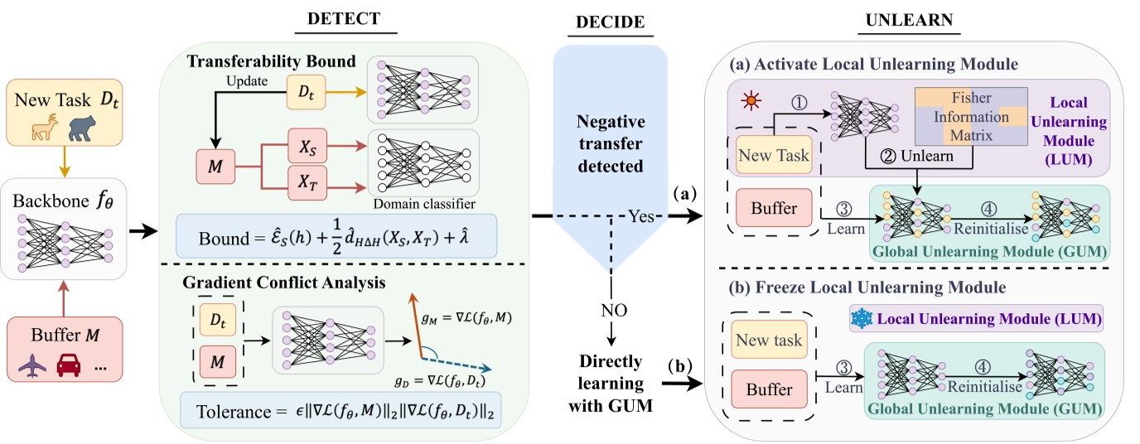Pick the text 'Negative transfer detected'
pos(610,142)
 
